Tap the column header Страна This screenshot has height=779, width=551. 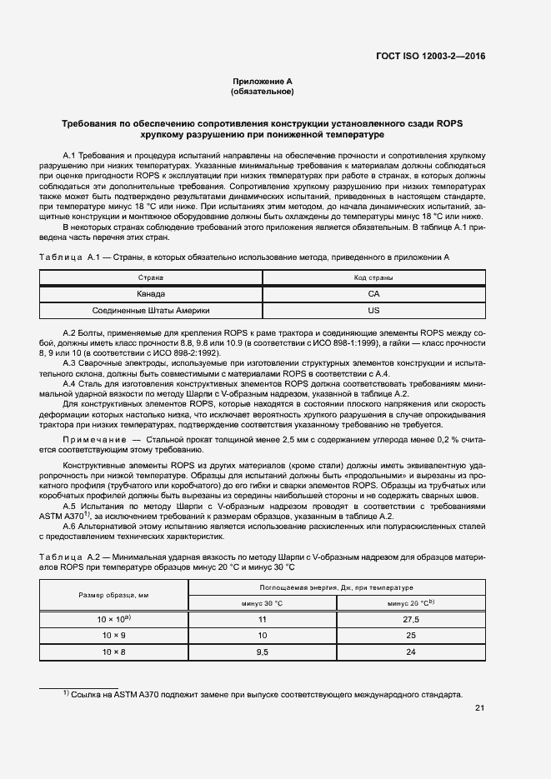click(x=151, y=277)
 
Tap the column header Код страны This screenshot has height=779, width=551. click(x=373, y=277)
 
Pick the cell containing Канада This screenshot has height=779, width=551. click(x=151, y=293)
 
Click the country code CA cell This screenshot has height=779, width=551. click(x=373, y=293)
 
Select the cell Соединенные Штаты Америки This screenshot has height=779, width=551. click(x=151, y=310)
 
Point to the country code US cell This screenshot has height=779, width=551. click(x=373, y=310)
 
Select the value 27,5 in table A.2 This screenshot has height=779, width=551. click(x=410, y=620)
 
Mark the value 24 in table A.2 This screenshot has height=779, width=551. click(x=410, y=651)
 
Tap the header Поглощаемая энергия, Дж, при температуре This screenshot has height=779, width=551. click(x=336, y=587)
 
